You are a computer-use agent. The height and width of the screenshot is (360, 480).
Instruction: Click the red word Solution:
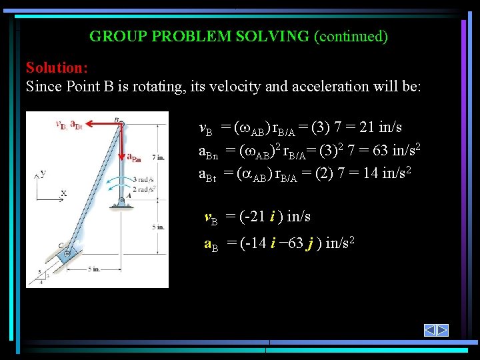(57, 68)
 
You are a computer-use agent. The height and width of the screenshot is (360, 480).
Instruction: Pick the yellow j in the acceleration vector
(309, 245)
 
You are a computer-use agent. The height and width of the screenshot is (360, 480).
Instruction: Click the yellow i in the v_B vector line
(273, 217)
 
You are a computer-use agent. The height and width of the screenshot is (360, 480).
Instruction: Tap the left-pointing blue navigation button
(430, 330)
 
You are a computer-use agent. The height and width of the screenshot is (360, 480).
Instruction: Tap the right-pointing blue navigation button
(442, 330)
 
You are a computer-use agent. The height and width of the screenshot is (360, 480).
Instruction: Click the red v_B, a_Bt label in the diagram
(69, 125)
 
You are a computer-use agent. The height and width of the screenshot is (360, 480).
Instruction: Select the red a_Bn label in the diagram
(134, 159)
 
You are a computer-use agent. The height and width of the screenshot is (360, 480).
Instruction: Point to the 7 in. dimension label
(158, 157)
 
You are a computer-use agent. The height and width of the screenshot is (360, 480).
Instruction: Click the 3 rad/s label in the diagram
(145, 180)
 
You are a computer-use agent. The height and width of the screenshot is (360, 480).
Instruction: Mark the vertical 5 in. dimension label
(158, 227)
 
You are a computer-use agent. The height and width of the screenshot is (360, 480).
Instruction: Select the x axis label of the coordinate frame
(63, 193)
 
